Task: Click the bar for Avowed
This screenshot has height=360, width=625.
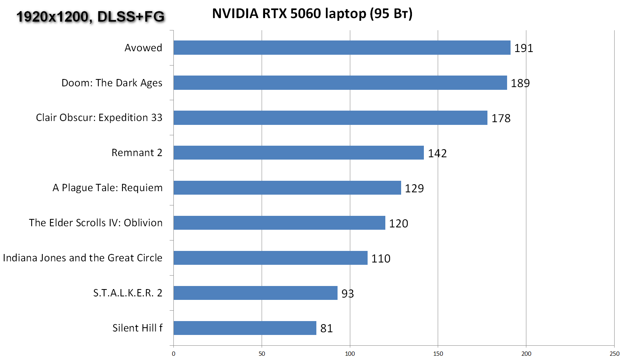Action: (x=342, y=48)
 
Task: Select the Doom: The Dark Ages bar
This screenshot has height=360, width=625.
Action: (x=340, y=83)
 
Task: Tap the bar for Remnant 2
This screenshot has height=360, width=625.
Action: (x=299, y=153)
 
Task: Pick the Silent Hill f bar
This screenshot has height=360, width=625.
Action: (x=245, y=328)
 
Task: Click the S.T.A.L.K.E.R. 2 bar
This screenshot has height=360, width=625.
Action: (x=255, y=293)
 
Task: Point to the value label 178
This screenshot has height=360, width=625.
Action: (x=501, y=118)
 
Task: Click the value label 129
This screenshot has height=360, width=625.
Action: (x=414, y=188)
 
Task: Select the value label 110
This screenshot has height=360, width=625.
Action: (x=381, y=259)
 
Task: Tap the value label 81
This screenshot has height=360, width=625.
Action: (x=326, y=328)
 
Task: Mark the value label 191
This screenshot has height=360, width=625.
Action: (x=524, y=48)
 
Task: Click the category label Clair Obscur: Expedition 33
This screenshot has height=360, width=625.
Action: (x=99, y=118)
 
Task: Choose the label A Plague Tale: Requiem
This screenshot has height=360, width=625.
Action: (x=108, y=188)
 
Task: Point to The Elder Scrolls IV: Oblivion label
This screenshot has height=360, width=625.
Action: (x=96, y=223)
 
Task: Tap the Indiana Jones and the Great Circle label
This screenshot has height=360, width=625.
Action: (x=82, y=258)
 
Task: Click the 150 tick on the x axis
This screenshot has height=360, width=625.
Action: (x=438, y=354)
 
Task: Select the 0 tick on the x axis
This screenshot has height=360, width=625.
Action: (x=173, y=354)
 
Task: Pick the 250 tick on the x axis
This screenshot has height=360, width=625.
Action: (x=615, y=354)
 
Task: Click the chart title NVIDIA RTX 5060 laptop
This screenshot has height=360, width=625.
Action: (x=312, y=14)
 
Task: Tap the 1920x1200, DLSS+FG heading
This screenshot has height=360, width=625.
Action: (x=91, y=17)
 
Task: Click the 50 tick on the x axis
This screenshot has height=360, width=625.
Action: (x=262, y=354)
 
